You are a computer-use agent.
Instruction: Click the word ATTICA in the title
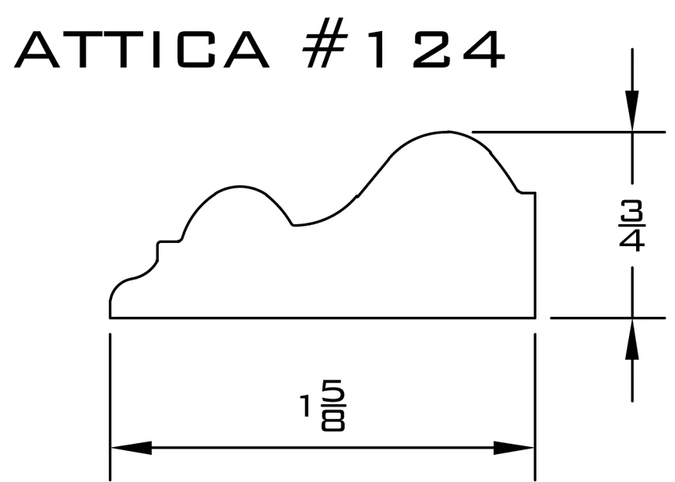tap(142, 50)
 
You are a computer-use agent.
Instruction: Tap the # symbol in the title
tap(325, 43)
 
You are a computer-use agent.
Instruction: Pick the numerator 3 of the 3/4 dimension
tap(632, 211)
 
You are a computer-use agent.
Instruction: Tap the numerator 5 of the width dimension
tap(334, 392)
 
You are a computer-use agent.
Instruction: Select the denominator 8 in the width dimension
tap(333, 419)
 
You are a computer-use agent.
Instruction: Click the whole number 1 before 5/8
tap(305, 406)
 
